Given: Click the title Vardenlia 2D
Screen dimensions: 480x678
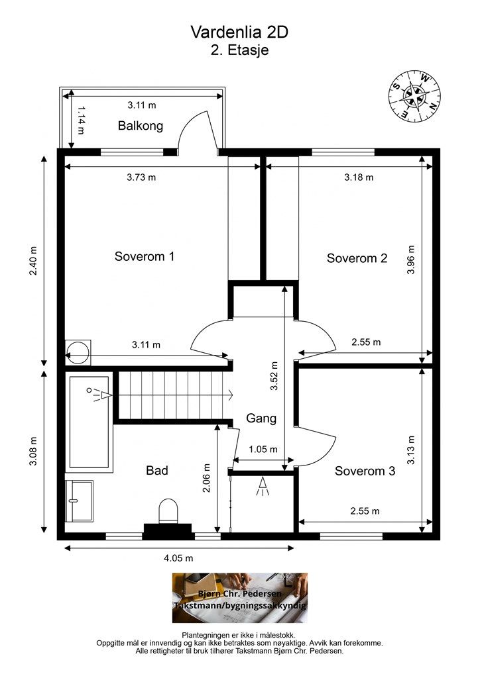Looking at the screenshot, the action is coord(239,32).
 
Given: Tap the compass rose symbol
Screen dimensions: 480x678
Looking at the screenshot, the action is coord(414,95).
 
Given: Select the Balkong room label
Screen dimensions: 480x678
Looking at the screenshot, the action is coord(141,126).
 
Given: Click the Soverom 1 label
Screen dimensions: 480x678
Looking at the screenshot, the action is coord(144,256).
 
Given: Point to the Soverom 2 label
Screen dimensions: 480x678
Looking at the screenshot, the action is coord(357,258).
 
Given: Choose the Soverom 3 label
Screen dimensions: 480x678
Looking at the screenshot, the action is coord(365,471).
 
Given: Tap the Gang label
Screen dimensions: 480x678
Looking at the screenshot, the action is coord(261,418).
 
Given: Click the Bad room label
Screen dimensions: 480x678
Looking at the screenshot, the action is coord(156,471).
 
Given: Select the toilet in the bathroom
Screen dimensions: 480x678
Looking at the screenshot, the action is coord(168,511).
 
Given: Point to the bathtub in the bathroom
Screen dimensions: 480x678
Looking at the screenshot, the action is coord(89,422).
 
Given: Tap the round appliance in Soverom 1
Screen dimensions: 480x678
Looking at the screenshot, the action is coord(78,352).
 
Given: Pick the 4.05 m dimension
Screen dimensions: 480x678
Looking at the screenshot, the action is coord(178,558).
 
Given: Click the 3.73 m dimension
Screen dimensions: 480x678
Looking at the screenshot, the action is coord(141,177).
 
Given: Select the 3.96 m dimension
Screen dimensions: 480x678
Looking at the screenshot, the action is coord(411,260).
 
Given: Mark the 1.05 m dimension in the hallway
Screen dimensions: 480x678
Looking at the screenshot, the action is coord(263,450).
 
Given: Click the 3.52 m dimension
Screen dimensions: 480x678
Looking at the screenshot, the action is coord(274,376).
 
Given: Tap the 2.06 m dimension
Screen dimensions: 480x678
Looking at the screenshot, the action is coord(206,478).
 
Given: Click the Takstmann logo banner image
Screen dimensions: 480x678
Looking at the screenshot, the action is coord(240,598).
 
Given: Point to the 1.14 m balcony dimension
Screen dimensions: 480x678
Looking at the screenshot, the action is coord(81,121).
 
